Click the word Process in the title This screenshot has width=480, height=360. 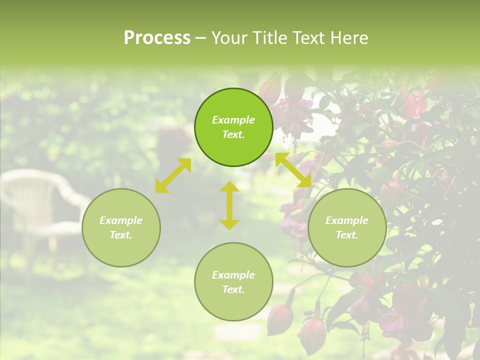coord(157,38)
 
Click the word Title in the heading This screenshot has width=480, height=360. coord(268,38)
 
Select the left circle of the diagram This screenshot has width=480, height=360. coord(121,227)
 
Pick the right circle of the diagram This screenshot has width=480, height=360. coord(347,227)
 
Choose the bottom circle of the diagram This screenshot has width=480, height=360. coord(233,281)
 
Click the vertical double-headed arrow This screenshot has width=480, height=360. coord(229,205)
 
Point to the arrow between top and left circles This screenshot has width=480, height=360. coord(173,175)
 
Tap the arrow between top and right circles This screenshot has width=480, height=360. coord(293,170)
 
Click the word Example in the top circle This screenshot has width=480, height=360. coord(233,120)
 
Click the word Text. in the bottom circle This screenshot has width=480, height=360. coord(233,289)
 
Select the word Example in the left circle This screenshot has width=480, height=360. coord(121,220)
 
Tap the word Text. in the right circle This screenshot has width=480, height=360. coord(347,235)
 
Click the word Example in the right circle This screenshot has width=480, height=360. coord(347,220)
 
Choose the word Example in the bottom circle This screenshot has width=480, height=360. coord(233,275)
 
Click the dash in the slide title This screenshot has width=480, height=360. coord(200,38)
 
